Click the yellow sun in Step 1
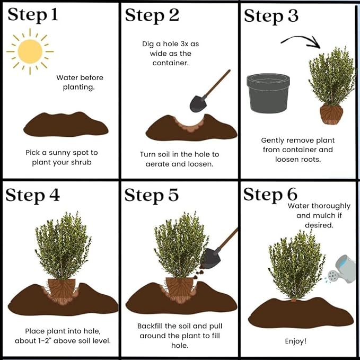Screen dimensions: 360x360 (30, 51)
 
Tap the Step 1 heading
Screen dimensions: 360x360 (32, 15)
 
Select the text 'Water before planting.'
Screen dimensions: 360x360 (80, 82)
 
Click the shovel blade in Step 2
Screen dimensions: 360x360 (198, 103)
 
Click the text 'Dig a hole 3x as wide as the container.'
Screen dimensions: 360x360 (170, 53)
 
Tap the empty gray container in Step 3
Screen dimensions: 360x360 (268, 93)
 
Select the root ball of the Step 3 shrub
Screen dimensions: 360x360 (331, 113)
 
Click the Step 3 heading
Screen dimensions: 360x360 (271, 16)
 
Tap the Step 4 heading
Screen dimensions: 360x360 (32, 195)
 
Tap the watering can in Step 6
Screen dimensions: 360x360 (341, 269)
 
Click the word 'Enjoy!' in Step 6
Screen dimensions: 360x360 (296, 341)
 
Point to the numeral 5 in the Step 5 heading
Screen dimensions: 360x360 (171, 195)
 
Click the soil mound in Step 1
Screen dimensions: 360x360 (66, 124)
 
